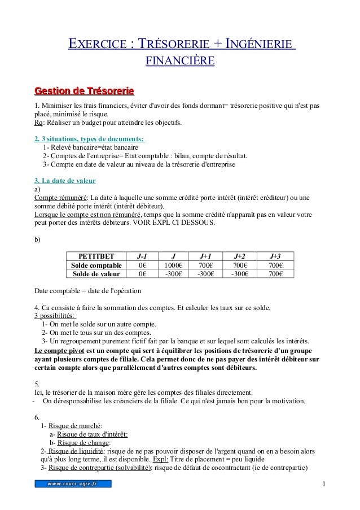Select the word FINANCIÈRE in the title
click(x=180, y=60)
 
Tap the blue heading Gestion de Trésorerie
click(x=84, y=90)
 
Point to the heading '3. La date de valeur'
click(x=65, y=181)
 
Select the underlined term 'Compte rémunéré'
click(x=60, y=198)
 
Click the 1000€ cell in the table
click(x=173, y=265)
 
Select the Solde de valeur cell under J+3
click(x=275, y=274)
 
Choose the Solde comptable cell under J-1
click(x=142, y=265)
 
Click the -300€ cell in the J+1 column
click(x=207, y=274)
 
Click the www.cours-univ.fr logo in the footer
click(x=73, y=484)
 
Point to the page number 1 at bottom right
click(x=324, y=485)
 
